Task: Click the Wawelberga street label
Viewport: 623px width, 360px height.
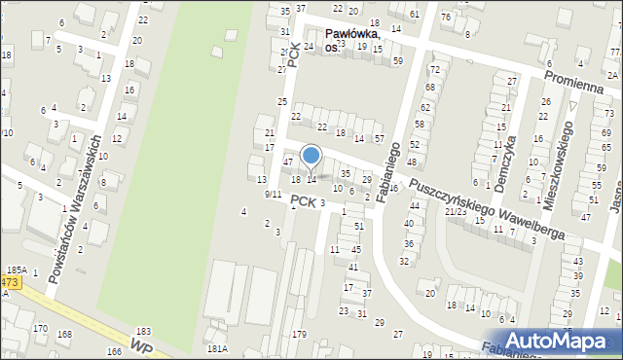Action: click(529, 225)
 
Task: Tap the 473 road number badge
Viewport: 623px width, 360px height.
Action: click(9, 282)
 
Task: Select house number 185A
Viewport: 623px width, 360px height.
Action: click(16, 270)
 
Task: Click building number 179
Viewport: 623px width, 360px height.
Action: click(299, 335)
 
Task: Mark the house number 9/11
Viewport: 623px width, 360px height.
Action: click(273, 195)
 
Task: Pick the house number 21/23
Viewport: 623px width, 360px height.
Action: click(455, 211)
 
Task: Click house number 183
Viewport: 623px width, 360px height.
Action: click(144, 333)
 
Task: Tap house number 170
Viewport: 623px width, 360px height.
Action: click(40, 329)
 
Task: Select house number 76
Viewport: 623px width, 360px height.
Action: click(445, 17)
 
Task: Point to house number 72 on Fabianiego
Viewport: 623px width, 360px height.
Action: click(434, 70)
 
